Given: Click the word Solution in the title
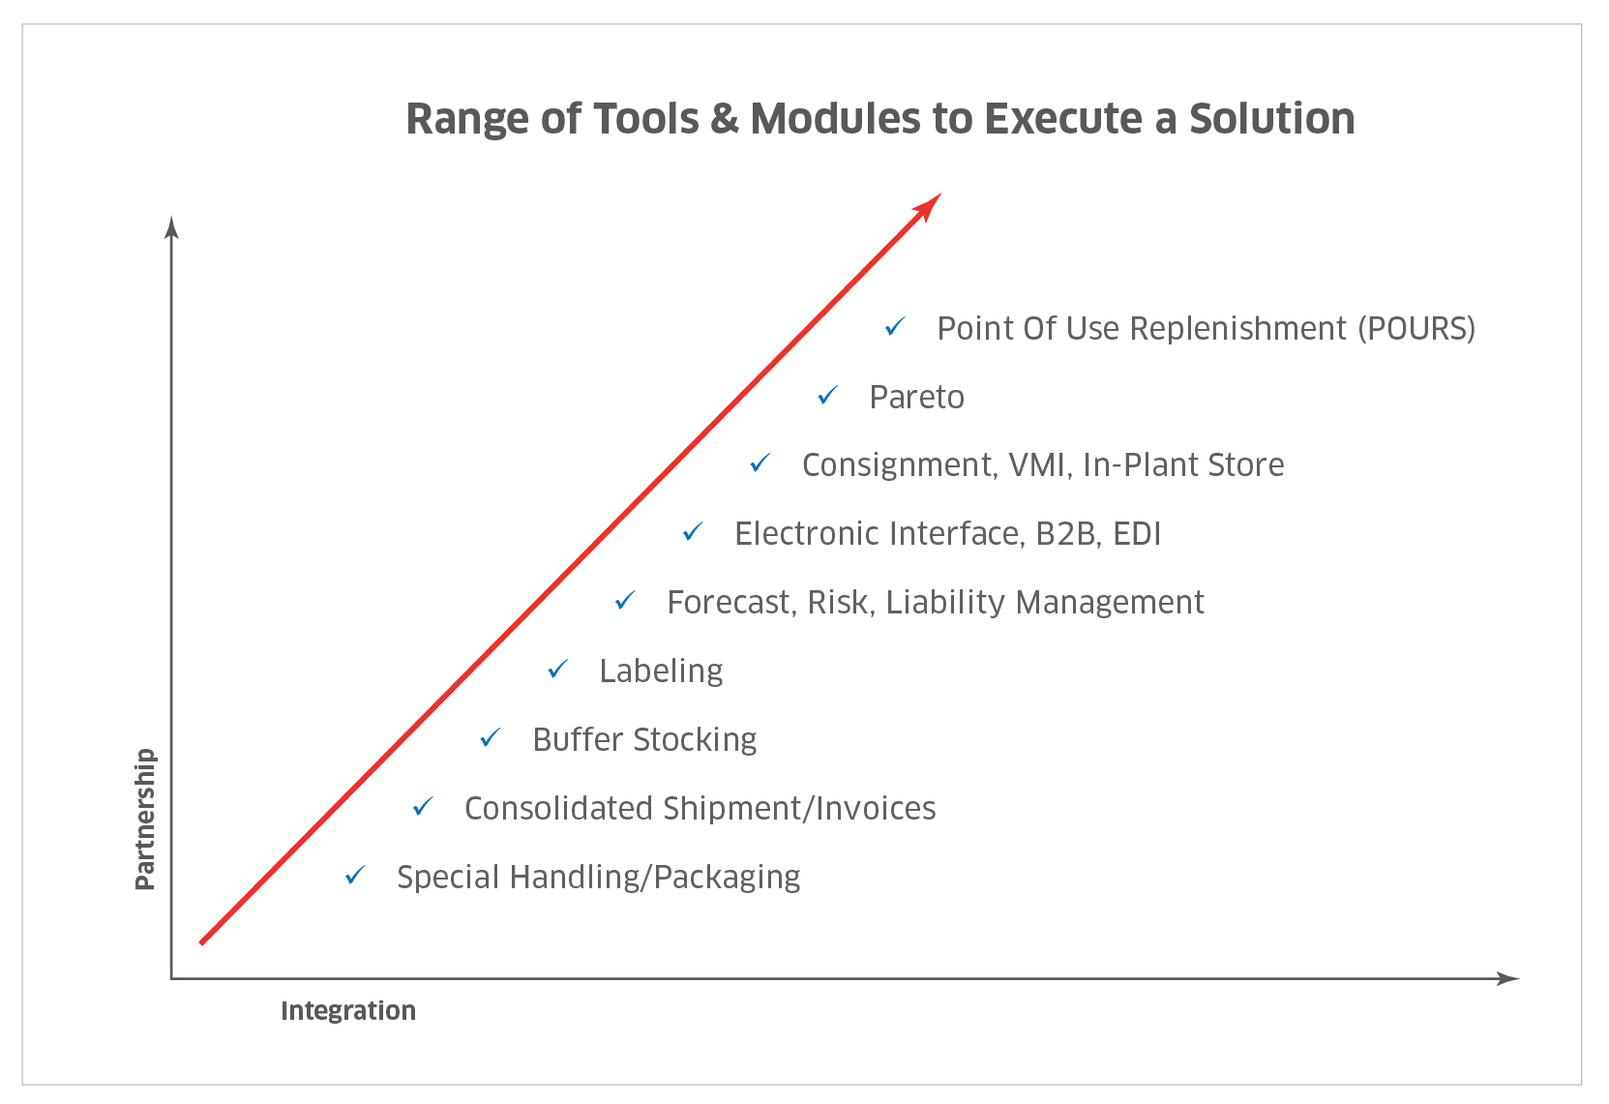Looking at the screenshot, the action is tap(1271, 118).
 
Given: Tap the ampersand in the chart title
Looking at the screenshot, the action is tap(724, 118).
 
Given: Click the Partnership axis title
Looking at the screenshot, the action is tap(145, 819).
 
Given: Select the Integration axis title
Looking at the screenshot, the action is tap(347, 1010).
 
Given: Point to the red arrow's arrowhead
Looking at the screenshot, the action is tap(928, 207).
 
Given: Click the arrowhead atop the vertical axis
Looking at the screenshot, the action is tap(171, 226).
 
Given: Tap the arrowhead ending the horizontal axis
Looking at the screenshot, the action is tap(1507, 978).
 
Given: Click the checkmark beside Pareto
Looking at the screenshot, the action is tap(827, 395).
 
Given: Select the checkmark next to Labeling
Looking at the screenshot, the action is tap(557, 669).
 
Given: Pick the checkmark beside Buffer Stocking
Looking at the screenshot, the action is tap(490, 737).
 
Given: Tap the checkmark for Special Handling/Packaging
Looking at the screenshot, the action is tap(355, 875).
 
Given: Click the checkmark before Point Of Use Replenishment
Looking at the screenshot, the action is tap(895, 327).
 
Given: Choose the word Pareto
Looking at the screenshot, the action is tap(916, 398).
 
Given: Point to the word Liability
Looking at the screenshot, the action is tap(944, 603).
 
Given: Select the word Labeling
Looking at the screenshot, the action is tap(661, 671).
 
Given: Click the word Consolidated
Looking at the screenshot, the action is tap(559, 808).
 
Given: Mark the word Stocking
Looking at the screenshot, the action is tap(695, 740).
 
